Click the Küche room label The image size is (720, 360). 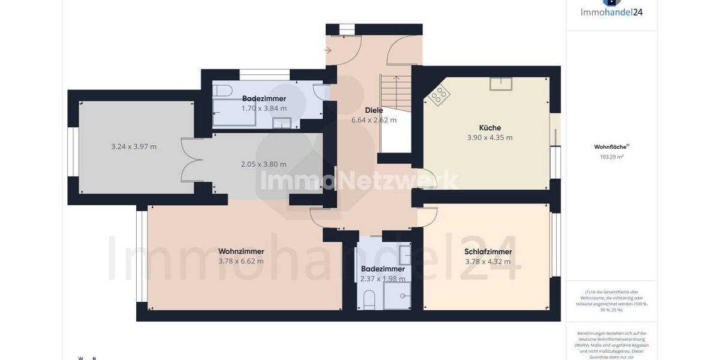point(490,128)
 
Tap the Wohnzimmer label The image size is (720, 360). point(241,251)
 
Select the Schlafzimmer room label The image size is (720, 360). point(488,252)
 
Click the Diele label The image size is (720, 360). point(374,110)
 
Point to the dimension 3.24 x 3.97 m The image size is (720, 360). point(134,146)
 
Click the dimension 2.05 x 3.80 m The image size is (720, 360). point(263,164)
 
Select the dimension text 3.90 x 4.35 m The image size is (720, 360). point(490,137)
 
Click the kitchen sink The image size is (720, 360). point(500,84)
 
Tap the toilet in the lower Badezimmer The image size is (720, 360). point(370,298)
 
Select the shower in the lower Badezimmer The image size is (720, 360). point(397,295)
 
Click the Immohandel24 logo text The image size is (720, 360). point(611,11)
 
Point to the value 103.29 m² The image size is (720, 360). point(611,157)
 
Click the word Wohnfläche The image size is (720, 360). point(610,146)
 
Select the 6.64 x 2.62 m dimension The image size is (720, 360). point(374,120)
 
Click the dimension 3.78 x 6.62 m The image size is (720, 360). point(241,261)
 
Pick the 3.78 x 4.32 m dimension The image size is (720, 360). point(488,262)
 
